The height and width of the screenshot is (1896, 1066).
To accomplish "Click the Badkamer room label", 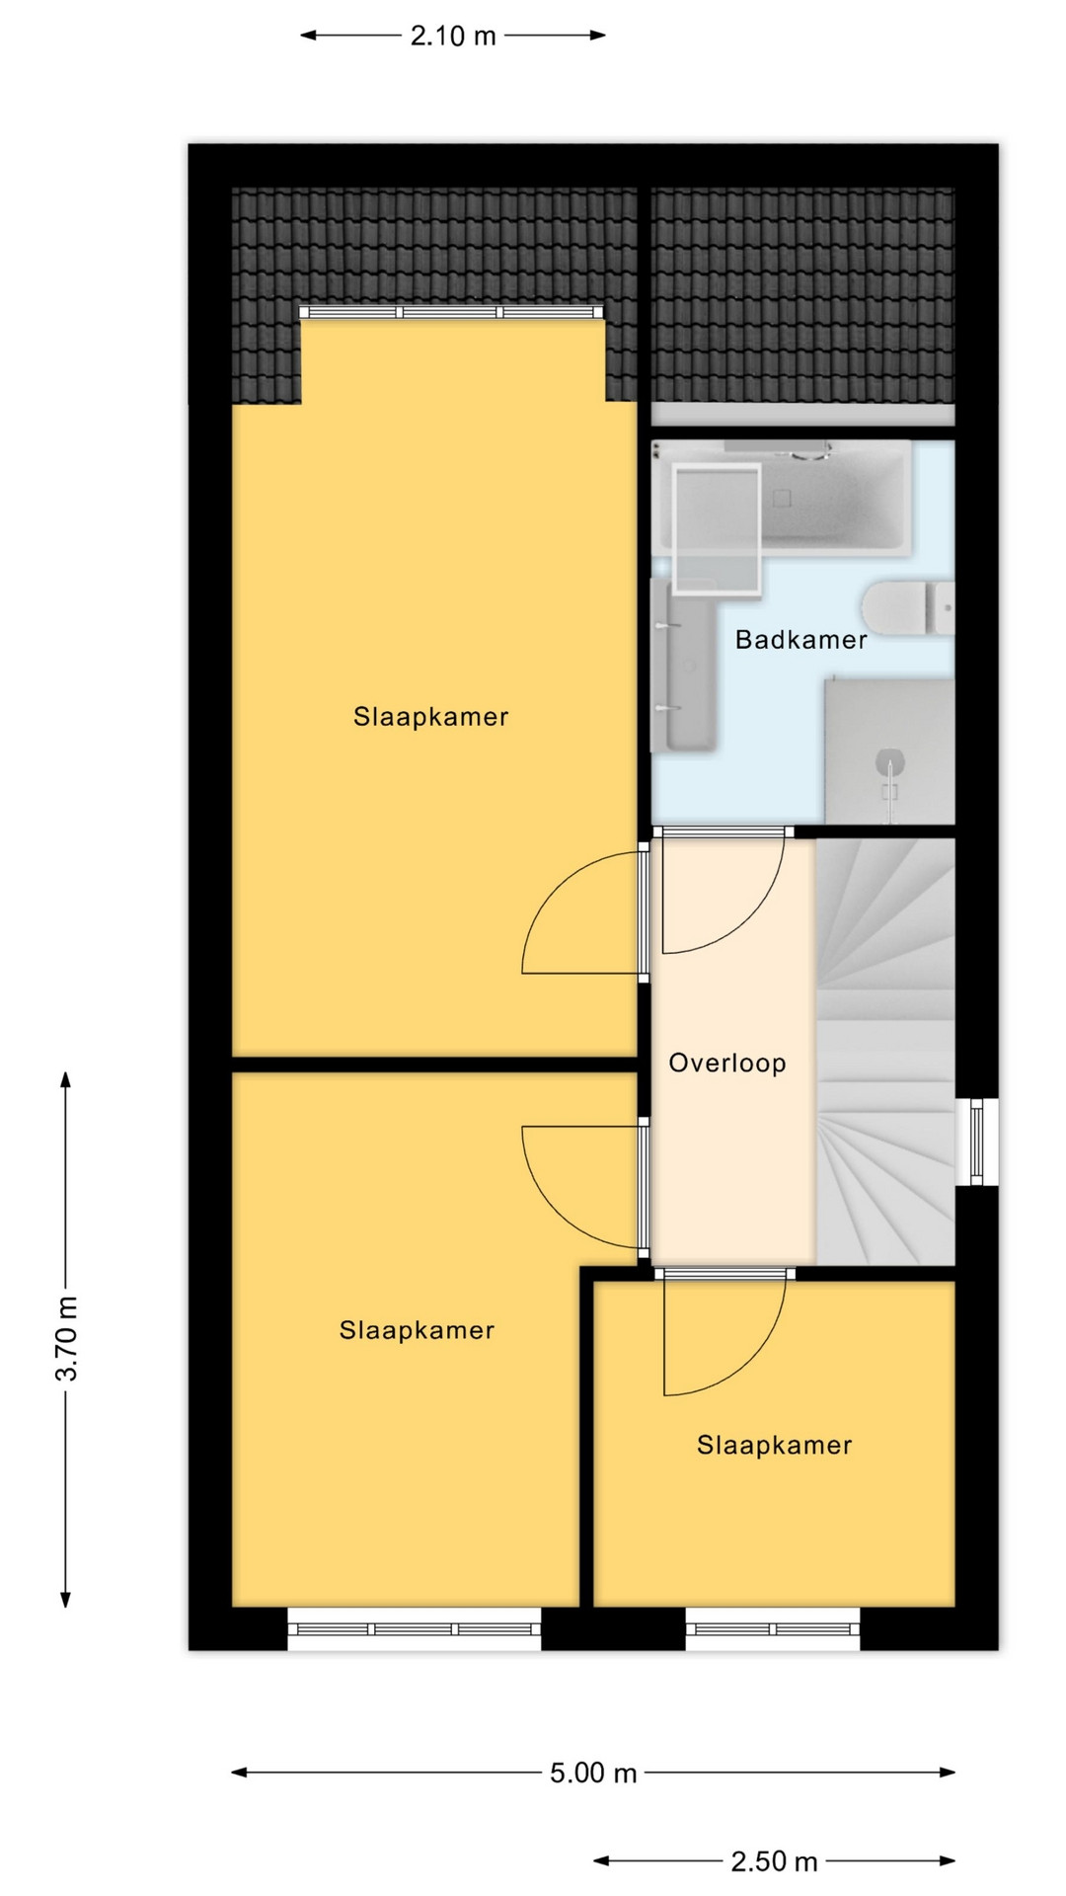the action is coord(800,640).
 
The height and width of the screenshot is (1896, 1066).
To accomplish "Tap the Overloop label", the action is coord(727,1064).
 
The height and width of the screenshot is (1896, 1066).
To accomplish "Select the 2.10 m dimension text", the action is coord(453,37).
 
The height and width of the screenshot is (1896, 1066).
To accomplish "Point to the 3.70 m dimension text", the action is coord(67,1338).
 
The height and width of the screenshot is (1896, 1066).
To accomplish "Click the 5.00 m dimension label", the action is coord(593,1774).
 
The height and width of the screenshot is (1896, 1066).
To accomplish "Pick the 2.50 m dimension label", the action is coord(774,1862).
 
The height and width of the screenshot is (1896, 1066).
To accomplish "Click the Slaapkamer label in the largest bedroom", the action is coord(431,717).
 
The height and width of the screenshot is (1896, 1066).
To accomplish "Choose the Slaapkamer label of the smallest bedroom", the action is coord(774,1446).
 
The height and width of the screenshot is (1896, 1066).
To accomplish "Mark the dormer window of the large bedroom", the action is coord(452,312).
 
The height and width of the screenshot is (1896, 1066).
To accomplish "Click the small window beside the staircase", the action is coord(977,1142).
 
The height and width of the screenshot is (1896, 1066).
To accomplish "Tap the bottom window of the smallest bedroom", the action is coord(773,1628).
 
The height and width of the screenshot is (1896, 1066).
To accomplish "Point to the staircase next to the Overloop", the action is coord(885,1052).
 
